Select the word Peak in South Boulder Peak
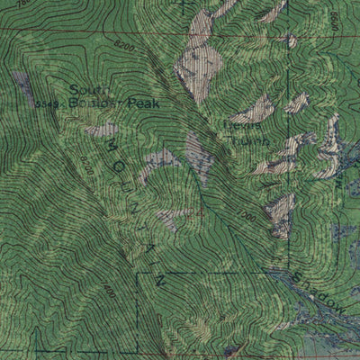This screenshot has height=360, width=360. pos(143,104)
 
